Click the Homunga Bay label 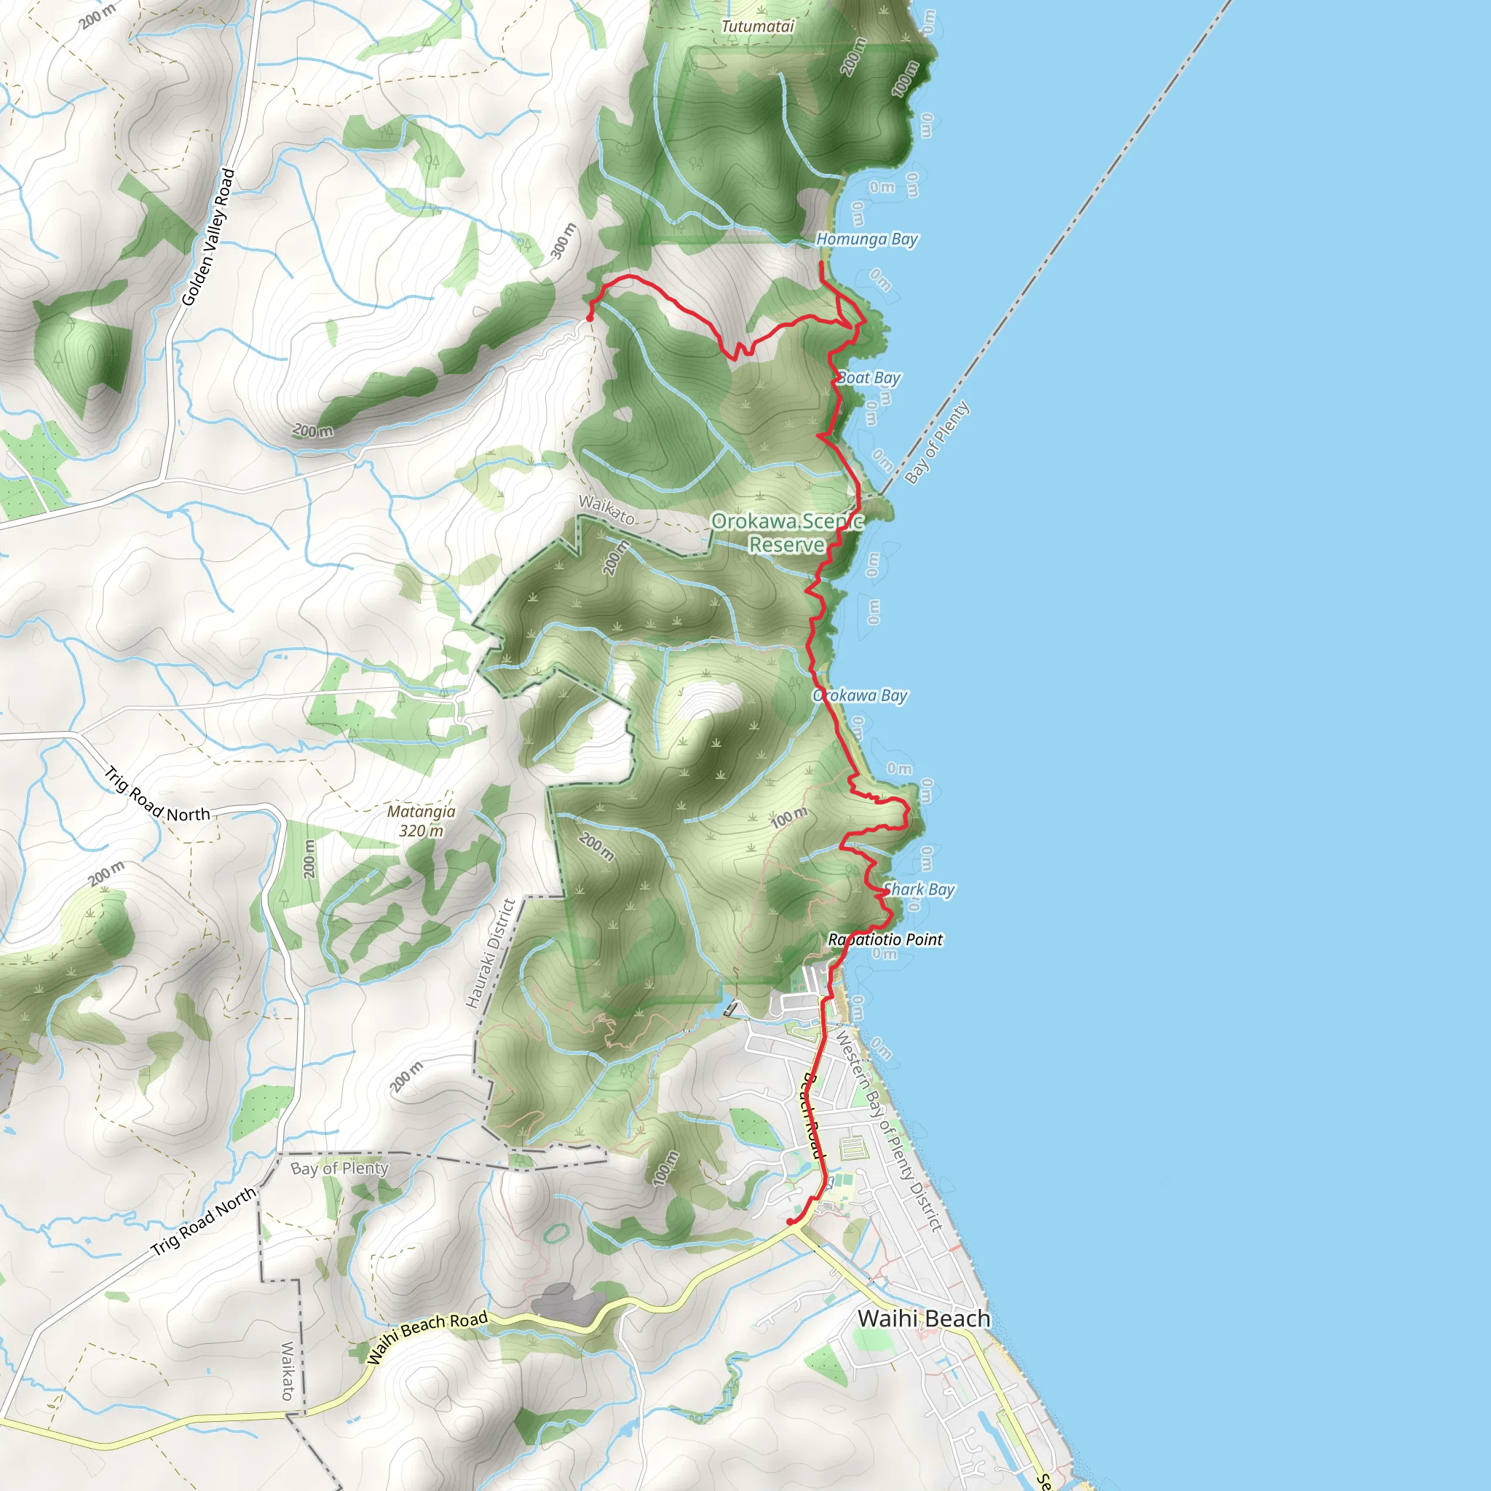[x=866, y=240]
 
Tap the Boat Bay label [x=869, y=378]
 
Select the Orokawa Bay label [x=860, y=695]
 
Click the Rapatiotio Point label [x=885, y=939]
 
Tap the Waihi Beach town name [x=924, y=1318]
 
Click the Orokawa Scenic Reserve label [x=786, y=533]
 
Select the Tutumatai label [x=757, y=26]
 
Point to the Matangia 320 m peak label [x=422, y=821]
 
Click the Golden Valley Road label [x=207, y=237]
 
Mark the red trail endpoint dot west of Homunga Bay [x=590, y=318]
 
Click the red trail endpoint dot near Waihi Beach [x=789, y=1222]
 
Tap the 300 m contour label [x=564, y=242]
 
